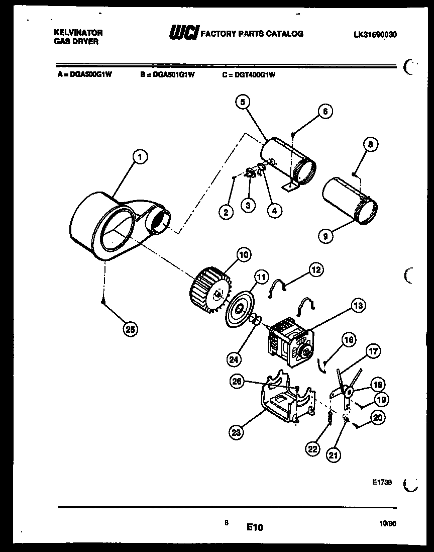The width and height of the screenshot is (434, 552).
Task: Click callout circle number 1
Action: (141, 157)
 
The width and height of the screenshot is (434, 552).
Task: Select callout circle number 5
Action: (242, 103)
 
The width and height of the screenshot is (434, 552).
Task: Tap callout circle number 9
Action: (325, 235)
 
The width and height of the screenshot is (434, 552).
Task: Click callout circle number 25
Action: (130, 330)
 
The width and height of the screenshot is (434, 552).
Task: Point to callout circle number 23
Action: (237, 431)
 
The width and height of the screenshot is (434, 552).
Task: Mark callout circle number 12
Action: (316, 270)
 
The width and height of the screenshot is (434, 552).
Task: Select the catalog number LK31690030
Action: (375, 34)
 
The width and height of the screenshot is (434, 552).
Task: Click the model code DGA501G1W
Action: (167, 74)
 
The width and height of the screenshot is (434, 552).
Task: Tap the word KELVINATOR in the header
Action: (78, 32)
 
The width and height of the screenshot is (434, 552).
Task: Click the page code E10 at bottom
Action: (255, 527)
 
